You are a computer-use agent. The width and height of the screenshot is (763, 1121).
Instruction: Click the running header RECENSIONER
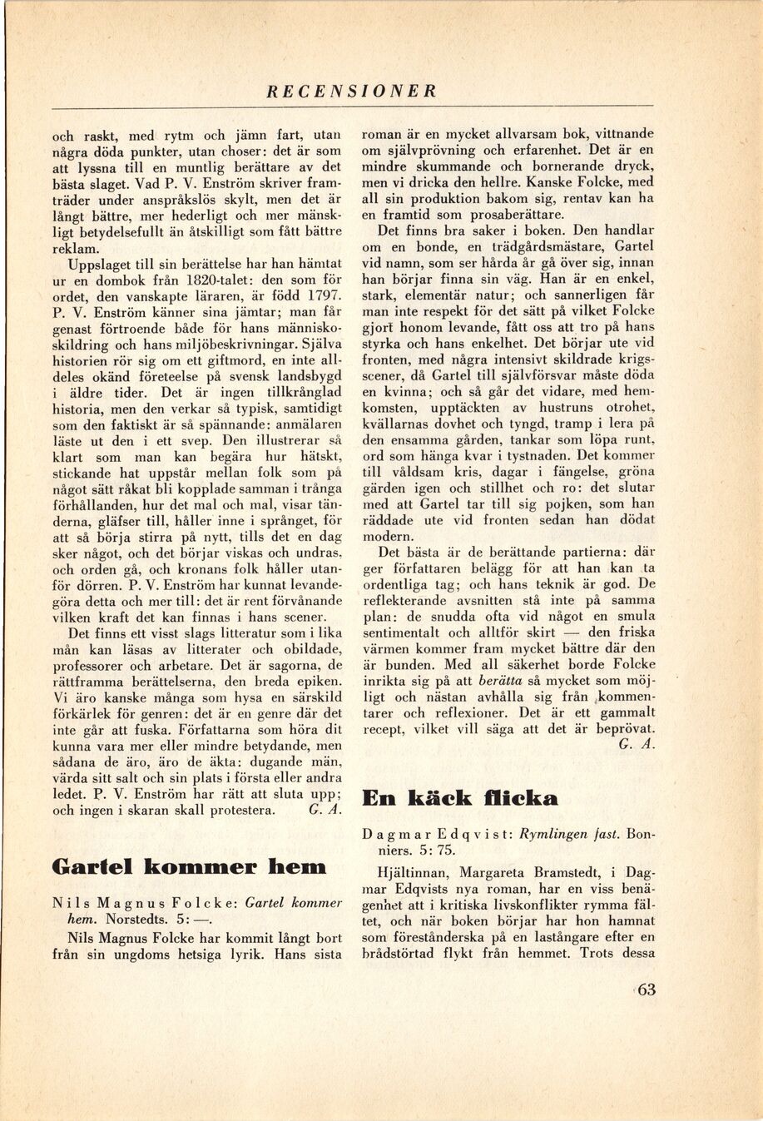point(351,92)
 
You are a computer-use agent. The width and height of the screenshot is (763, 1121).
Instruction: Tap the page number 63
point(645,990)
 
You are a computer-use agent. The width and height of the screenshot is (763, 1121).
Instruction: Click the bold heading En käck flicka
point(459,799)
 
